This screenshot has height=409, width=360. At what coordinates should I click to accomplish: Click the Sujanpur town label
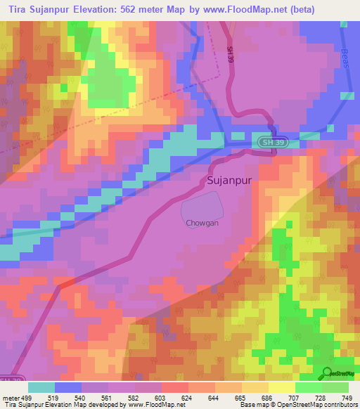[x=230, y=181]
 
